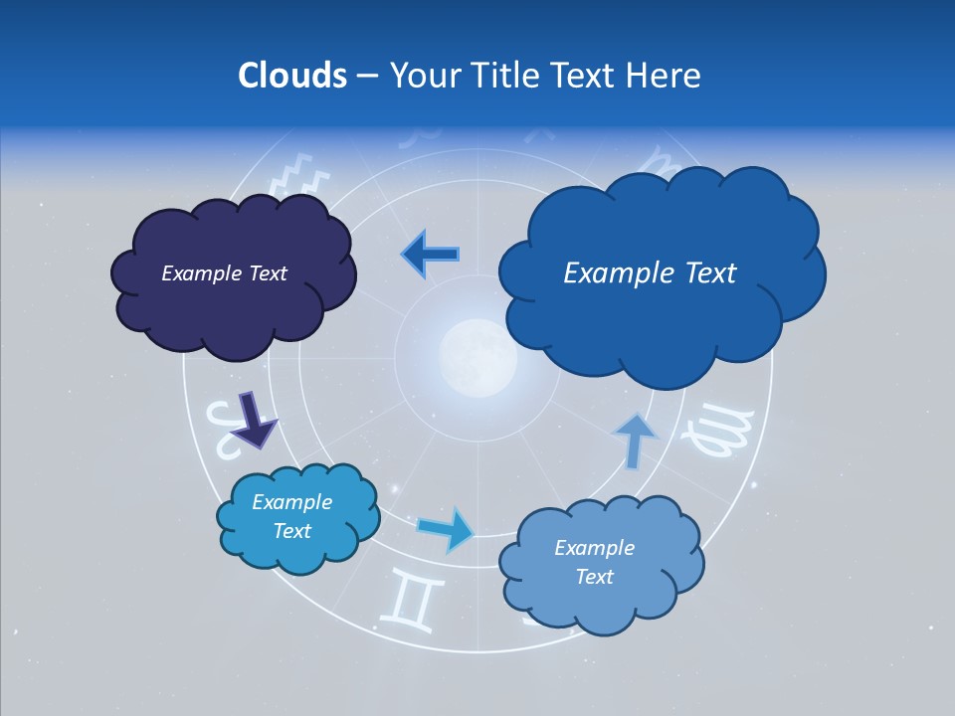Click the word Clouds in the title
[x=291, y=76]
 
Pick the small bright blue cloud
[x=297, y=517]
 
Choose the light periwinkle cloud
[x=601, y=564]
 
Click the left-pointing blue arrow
[x=431, y=254]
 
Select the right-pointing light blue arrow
[x=446, y=528]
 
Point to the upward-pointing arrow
[x=634, y=439]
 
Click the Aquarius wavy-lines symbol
[x=299, y=176]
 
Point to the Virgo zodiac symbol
[x=711, y=431]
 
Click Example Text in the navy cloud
[x=224, y=273]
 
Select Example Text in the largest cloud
[x=650, y=273]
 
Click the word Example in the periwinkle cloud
[x=594, y=548]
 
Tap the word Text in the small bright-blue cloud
[x=292, y=531]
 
